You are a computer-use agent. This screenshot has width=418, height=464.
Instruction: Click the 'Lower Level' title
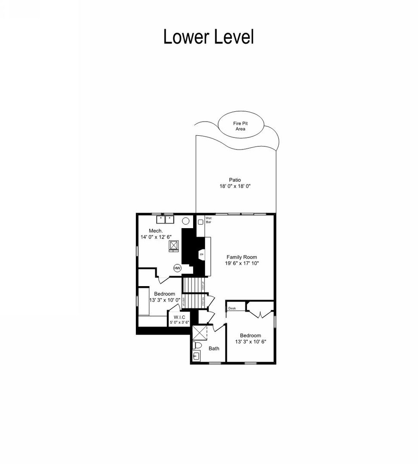(x=209, y=37)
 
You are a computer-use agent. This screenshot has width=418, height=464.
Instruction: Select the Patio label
(x=235, y=180)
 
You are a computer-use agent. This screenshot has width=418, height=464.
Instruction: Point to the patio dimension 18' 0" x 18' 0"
(x=235, y=186)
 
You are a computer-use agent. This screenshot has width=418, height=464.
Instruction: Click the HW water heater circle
(x=177, y=268)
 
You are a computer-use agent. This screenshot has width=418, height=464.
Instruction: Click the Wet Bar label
(x=209, y=220)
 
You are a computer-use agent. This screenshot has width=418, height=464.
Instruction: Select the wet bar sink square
(x=200, y=223)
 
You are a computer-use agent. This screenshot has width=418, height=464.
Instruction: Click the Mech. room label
(x=155, y=231)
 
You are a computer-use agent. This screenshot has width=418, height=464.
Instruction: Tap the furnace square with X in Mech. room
(x=174, y=245)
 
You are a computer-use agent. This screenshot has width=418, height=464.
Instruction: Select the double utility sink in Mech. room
(x=165, y=219)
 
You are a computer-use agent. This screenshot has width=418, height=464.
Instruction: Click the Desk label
(x=232, y=308)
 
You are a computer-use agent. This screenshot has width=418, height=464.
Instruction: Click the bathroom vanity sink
(x=196, y=356)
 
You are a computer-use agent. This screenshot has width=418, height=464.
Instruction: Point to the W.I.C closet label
(x=179, y=317)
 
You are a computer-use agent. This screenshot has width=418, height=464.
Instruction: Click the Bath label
(x=214, y=348)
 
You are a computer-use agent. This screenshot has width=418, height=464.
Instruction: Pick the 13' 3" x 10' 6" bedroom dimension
(x=250, y=342)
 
